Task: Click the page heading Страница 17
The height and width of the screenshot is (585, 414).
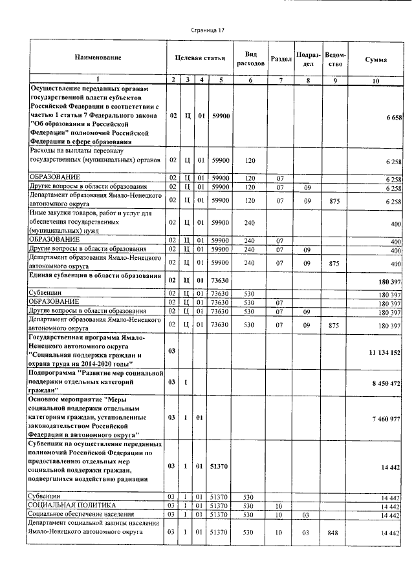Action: pos(208,30)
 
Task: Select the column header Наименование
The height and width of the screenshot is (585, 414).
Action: pos(98,59)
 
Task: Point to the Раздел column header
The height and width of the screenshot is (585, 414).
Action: pos(281,59)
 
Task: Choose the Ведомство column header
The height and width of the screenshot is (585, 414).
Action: pos(334,59)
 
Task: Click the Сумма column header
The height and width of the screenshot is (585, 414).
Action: pos(376,59)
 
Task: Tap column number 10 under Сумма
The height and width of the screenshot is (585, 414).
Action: pos(376,80)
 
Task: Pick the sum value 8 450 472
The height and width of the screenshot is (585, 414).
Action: pos(387,383)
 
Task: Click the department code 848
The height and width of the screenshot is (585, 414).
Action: pos(334,532)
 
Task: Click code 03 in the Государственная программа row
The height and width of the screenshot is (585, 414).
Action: pos(172,351)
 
